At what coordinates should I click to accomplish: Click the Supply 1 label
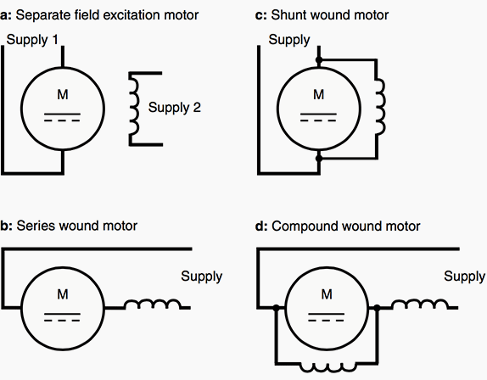32,40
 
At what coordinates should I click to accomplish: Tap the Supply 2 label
175,108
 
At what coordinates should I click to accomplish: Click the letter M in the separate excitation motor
63,94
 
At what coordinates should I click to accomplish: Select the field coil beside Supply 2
134,109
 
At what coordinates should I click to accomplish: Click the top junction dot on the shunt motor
319,60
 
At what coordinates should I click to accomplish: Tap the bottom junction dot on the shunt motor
319,159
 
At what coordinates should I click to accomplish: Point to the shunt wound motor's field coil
381,107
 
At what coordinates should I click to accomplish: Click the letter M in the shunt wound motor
319,94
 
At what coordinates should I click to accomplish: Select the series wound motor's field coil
152,304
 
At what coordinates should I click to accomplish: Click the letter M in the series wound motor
63,294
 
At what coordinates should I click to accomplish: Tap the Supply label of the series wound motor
202,277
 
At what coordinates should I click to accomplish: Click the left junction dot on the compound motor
276,308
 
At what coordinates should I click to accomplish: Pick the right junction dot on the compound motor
377,308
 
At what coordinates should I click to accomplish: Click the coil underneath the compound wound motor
327,367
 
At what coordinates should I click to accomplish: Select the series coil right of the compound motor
420,304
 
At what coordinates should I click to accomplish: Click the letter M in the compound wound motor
327,294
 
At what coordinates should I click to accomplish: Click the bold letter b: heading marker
6,226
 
